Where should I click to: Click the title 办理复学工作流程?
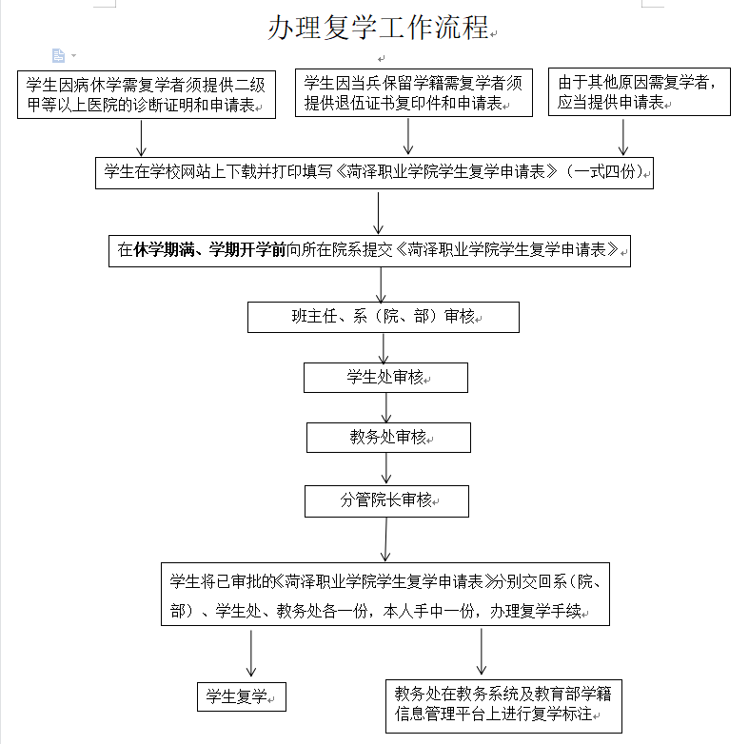(x=380, y=28)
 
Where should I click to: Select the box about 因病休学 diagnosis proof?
(x=147, y=94)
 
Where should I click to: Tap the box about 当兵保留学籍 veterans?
(x=414, y=92)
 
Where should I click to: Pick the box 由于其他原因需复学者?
(x=640, y=91)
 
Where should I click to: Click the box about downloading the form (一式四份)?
(x=374, y=173)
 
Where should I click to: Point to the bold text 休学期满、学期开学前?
(x=209, y=250)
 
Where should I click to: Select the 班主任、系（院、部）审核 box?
(x=384, y=317)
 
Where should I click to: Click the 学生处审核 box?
(x=385, y=378)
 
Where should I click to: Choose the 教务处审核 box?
(x=388, y=438)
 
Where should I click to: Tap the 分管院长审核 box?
(x=386, y=501)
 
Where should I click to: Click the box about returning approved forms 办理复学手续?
(x=385, y=594)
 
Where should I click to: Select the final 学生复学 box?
(x=241, y=696)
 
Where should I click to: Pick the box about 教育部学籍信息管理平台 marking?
(x=503, y=706)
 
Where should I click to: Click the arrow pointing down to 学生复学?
(x=251, y=653)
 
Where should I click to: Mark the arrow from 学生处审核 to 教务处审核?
(x=386, y=408)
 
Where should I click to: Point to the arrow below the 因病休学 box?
(x=141, y=138)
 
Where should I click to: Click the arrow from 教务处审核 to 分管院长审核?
(x=386, y=468)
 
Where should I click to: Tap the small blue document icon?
(x=58, y=55)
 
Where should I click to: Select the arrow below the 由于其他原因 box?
(x=622, y=137)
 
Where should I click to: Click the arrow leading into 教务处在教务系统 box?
(x=481, y=652)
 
